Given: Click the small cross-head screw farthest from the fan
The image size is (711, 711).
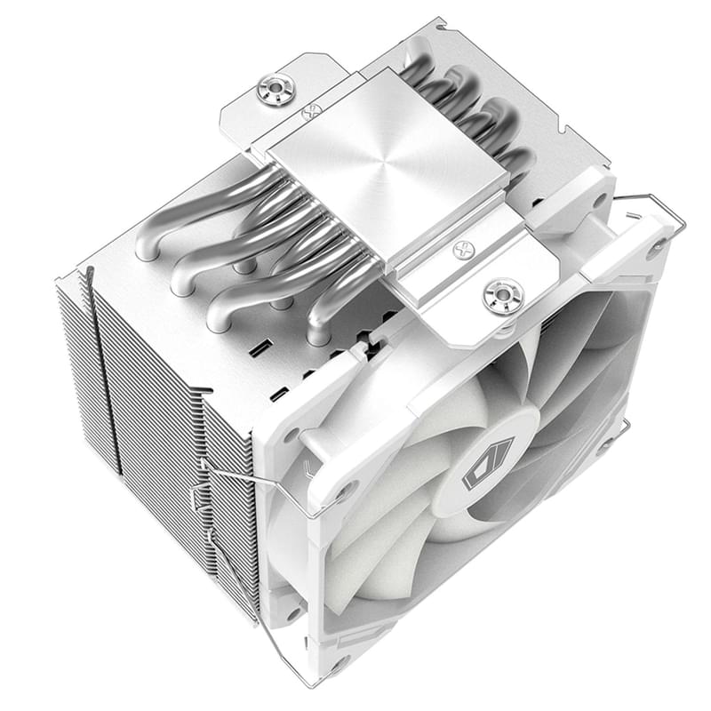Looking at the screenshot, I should tap(311, 113).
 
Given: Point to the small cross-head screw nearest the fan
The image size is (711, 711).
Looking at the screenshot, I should tap(463, 250).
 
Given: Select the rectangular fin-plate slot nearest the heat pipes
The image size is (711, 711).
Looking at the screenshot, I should tap(258, 347).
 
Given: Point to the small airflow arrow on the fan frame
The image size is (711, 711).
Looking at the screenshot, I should tap(308, 463).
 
